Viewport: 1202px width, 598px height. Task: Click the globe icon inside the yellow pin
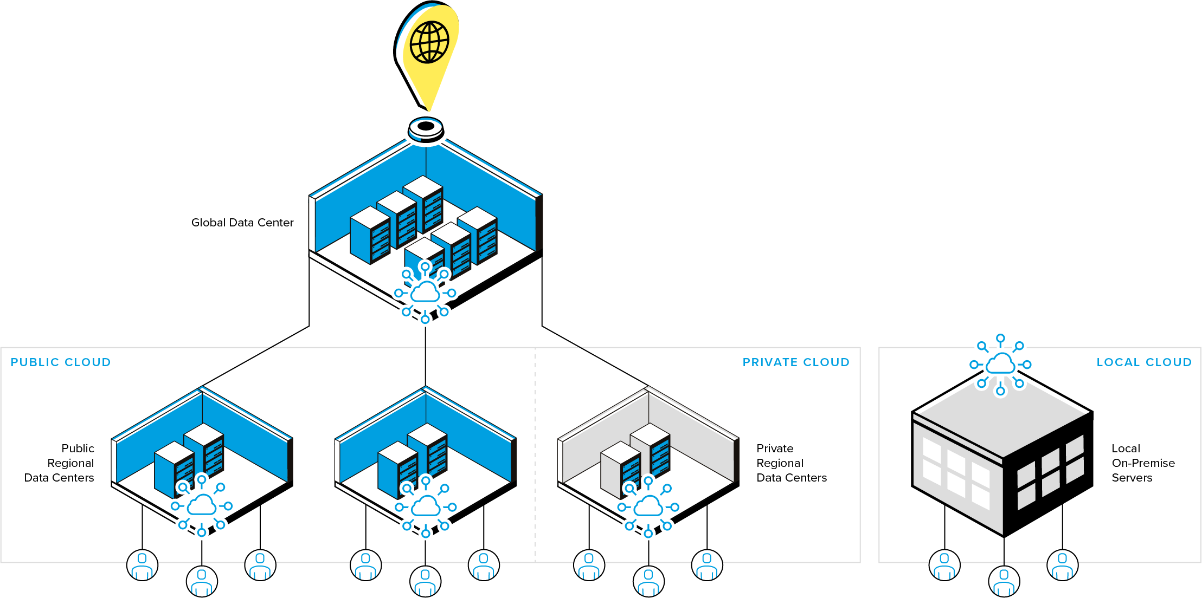click(x=429, y=42)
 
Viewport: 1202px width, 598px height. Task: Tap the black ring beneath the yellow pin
click(x=426, y=127)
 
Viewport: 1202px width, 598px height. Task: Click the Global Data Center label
click(x=242, y=223)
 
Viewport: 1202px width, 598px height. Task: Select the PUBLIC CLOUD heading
click(x=61, y=362)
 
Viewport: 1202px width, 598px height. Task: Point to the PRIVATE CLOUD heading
click(x=796, y=362)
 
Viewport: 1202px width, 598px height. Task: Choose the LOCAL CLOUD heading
click(x=1144, y=362)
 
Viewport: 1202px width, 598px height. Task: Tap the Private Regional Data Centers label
click(x=791, y=463)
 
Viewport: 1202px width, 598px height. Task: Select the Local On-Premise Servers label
click(x=1143, y=463)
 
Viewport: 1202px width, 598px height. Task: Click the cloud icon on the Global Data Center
click(x=425, y=292)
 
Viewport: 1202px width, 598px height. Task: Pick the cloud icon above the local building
click(x=1000, y=364)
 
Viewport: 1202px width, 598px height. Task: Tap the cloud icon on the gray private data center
click(x=648, y=507)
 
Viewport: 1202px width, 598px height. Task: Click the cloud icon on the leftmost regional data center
click(x=202, y=506)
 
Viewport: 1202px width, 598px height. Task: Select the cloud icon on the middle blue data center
click(x=426, y=507)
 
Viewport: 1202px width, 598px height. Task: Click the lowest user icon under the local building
click(x=1004, y=581)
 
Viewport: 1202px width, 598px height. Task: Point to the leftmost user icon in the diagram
click(x=142, y=565)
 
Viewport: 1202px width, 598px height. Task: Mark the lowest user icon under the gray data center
click(x=648, y=581)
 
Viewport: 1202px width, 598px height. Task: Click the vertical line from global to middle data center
click(x=425, y=355)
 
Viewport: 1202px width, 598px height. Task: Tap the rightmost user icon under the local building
click(x=1063, y=565)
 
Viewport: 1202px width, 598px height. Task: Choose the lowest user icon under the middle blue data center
click(x=426, y=581)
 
